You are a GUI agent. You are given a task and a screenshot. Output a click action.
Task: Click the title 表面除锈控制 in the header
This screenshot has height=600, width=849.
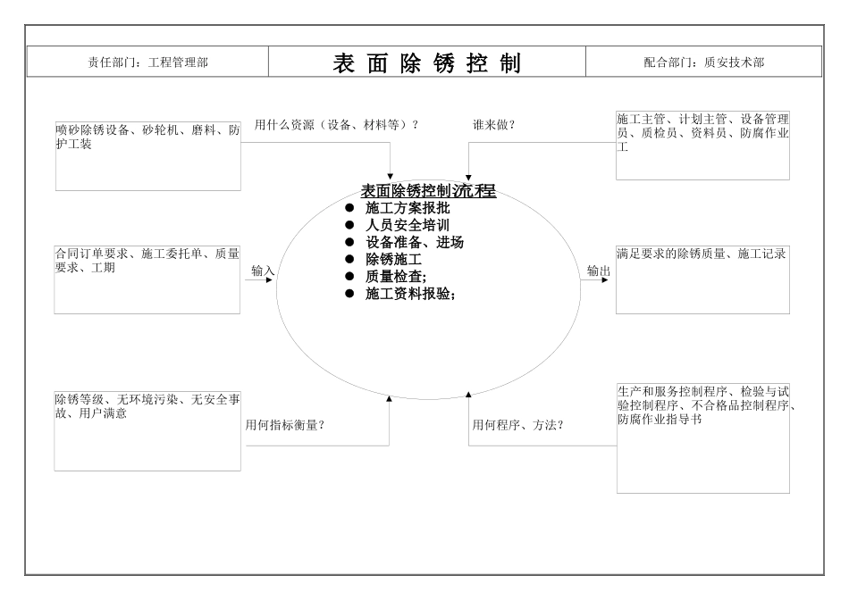(426, 62)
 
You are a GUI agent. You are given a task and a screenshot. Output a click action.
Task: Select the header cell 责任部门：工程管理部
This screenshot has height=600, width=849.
(148, 62)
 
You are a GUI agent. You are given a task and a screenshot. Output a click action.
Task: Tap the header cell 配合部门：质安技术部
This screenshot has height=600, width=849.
(703, 62)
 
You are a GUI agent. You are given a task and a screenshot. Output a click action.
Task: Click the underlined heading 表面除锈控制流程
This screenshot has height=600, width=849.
(427, 190)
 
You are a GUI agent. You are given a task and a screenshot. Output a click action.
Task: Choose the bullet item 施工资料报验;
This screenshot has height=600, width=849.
(410, 294)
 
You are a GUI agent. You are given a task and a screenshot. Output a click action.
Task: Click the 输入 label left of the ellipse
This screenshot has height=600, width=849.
(263, 271)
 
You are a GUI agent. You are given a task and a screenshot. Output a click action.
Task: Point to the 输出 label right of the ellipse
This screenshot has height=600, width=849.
(599, 271)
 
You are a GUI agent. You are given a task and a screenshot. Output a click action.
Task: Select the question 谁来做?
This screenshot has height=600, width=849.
(493, 124)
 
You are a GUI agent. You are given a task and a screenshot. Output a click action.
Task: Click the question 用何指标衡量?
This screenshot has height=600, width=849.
(284, 425)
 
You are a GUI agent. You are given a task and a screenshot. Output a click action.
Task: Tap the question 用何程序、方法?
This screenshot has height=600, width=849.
(518, 425)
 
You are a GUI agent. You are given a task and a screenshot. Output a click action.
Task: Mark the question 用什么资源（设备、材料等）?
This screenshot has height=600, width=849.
(337, 124)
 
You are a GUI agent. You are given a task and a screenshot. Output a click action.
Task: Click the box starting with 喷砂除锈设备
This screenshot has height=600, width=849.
(148, 154)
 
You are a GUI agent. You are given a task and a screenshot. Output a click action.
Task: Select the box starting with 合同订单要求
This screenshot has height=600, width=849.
(148, 279)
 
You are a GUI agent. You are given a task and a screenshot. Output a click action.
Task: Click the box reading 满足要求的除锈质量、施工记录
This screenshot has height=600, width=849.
(703, 279)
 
